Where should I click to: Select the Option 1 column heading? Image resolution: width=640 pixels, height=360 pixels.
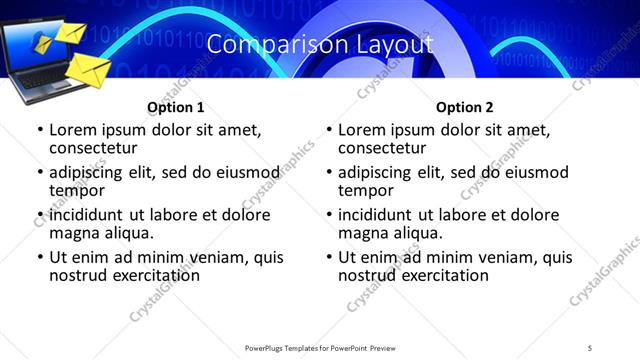point(175,107)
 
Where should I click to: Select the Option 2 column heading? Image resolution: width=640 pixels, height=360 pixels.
point(465,107)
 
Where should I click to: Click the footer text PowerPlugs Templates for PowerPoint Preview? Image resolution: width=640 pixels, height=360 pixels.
point(320,347)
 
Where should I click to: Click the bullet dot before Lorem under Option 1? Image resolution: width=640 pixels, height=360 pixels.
point(39,131)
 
